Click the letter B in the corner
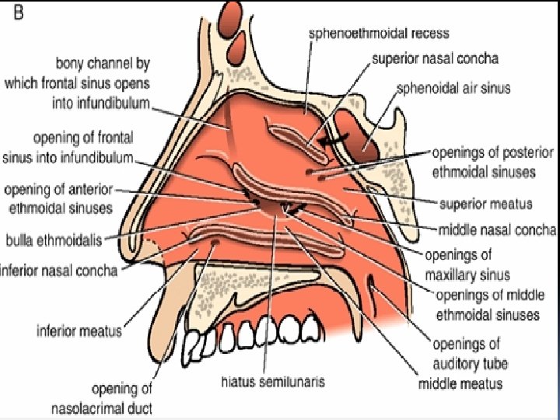pos(16,15)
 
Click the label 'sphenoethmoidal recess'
pos(379,33)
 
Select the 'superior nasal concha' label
pos(435,58)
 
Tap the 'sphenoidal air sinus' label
pos(453,87)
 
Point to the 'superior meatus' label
pos(485,204)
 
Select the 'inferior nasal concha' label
pos(59,271)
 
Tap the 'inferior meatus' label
pos(79,331)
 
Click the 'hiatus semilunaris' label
pos(271,381)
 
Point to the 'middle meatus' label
pos(460,383)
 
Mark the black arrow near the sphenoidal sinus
pos(334,142)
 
